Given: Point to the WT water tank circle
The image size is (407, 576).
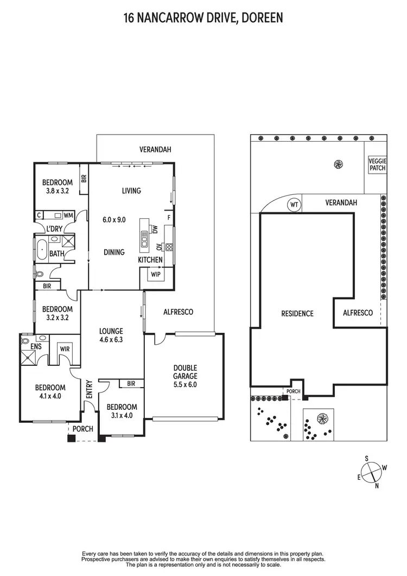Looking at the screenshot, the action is coord(294,204).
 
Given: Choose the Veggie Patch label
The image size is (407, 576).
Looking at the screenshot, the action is coord(377,164).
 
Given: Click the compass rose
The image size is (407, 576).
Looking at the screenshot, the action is coord(372,469).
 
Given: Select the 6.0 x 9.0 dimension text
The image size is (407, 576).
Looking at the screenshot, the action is coord(114,220).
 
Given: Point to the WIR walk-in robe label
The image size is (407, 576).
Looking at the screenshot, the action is coord(65,349).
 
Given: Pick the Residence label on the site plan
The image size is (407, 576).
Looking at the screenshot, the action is coord(297,313).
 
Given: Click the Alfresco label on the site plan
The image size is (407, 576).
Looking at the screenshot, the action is coord(358,313).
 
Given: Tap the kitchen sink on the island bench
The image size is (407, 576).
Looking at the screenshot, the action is coord(145,239).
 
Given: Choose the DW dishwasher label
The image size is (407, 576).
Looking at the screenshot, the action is coord(155,230).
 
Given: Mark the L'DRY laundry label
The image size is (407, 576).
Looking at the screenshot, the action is coord(54,229).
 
